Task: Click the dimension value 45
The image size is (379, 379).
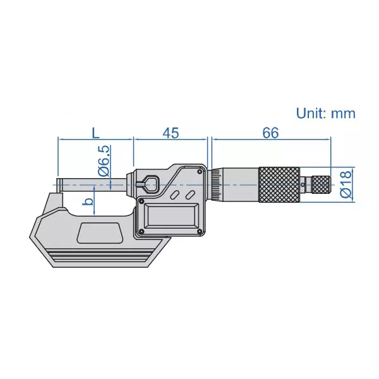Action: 171,133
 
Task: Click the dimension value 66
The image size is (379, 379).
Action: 270,133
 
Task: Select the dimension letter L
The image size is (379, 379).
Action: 95,133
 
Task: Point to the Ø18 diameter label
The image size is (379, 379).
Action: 346,184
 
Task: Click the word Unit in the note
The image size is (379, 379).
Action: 311,114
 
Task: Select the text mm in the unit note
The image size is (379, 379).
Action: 343,114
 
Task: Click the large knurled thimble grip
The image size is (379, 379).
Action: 279,184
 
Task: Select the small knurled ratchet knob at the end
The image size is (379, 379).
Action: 323,184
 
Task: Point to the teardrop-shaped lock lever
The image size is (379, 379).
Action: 148,183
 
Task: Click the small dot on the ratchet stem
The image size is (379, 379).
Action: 308,184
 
